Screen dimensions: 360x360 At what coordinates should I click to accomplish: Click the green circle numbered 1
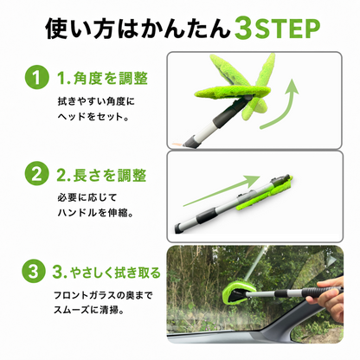coord(36,77)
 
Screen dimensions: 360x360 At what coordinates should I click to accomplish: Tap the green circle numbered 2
coord(36,174)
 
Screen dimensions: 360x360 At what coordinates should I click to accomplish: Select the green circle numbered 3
coord(34,271)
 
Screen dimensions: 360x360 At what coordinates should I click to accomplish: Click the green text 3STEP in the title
coord(277,29)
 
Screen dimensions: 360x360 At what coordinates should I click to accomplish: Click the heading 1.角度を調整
coord(102,78)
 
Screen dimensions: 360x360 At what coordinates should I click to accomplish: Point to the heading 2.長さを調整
coord(101,175)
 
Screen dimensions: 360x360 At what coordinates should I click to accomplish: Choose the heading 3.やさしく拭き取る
coord(106,272)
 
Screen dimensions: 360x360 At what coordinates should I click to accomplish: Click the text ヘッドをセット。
coord(93,117)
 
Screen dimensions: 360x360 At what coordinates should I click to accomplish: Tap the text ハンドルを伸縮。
coord(95,213)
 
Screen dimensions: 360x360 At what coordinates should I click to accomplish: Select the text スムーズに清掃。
coord(89,311)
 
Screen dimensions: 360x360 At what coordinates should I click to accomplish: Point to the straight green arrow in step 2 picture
coord(222,190)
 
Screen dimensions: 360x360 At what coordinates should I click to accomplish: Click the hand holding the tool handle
coord(325,298)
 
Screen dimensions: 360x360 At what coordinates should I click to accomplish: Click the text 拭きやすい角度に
coord(96,101)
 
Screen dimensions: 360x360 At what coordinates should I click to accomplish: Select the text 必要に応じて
coord(87,197)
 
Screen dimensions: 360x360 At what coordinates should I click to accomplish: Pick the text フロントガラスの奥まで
coord(103,295)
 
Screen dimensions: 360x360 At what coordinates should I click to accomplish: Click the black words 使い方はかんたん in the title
coord(138,29)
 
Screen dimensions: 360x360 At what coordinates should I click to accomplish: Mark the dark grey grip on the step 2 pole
coord(206,217)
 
